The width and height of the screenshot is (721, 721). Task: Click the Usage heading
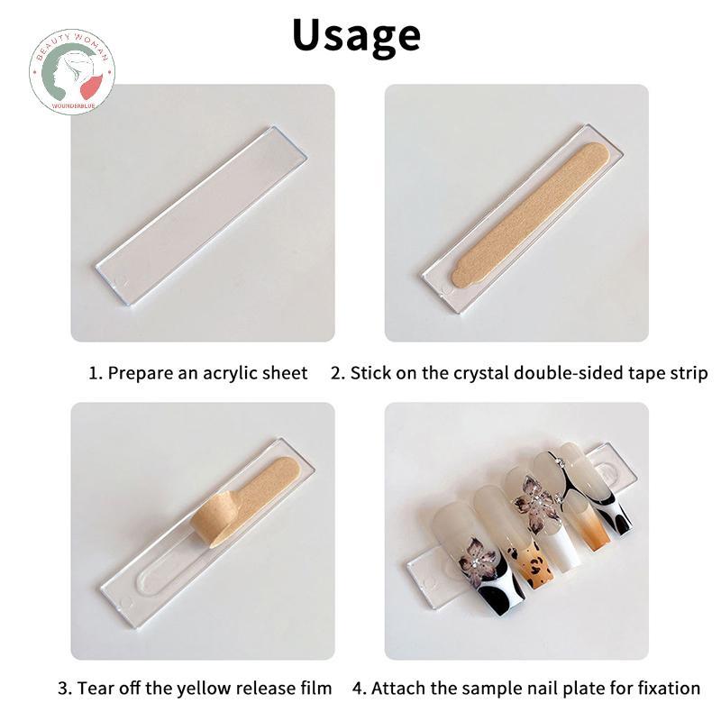[x=356, y=36]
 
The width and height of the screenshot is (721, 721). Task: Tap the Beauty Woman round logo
[x=72, y=72]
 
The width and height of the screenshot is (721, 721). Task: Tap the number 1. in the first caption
[x=96, y=373]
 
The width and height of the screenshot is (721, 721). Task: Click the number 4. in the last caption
[x=360, y=689]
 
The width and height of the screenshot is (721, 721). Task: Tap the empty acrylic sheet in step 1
[x=201, y=216]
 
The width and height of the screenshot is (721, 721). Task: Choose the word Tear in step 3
[x=93, y=689]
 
